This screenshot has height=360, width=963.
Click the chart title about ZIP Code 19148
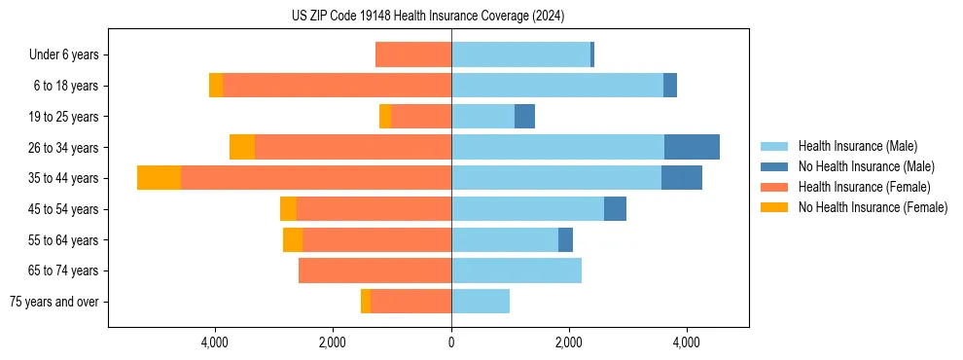(428, 17)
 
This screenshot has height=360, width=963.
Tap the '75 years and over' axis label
(54, 302)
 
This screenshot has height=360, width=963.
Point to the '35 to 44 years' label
(64, 178)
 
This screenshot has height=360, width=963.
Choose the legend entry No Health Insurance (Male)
(866, 166)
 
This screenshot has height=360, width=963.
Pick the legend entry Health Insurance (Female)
(864, 187)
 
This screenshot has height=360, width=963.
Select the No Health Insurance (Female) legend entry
(873, 207)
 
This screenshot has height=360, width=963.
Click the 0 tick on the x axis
(451, 342)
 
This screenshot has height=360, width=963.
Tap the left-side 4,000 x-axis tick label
(214, 342)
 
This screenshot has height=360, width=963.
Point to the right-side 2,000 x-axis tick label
(569, 342)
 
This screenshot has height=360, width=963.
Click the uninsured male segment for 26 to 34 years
(692, 147)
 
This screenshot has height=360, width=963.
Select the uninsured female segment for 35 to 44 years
(159, 178)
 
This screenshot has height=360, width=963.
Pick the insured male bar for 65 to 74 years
(517, 270)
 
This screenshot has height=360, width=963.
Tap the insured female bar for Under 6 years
(413, 55)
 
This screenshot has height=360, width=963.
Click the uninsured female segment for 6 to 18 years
(216, 86)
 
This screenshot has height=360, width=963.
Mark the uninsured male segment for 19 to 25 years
(524, 117)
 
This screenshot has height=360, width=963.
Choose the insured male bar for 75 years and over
(481, 302)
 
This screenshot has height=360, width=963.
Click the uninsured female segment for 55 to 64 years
(293, 240)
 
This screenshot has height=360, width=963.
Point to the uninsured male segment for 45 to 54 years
(615, 209)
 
